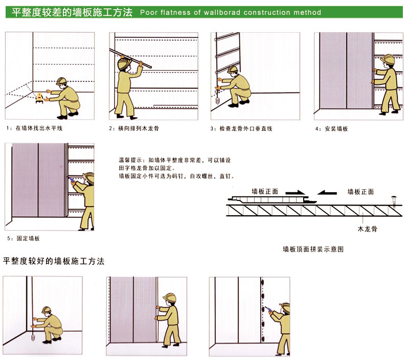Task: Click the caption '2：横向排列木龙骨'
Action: tap(133, 128)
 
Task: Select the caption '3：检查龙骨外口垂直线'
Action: tap(241, 128)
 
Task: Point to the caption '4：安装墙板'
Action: tap(331, 129)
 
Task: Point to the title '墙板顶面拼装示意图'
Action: tap(313, 250)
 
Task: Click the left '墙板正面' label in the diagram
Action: tap(265, 192)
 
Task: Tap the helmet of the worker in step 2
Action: tap(122, 63)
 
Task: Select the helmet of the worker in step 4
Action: tap(388, 59)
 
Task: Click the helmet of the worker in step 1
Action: tap(62, 81)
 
